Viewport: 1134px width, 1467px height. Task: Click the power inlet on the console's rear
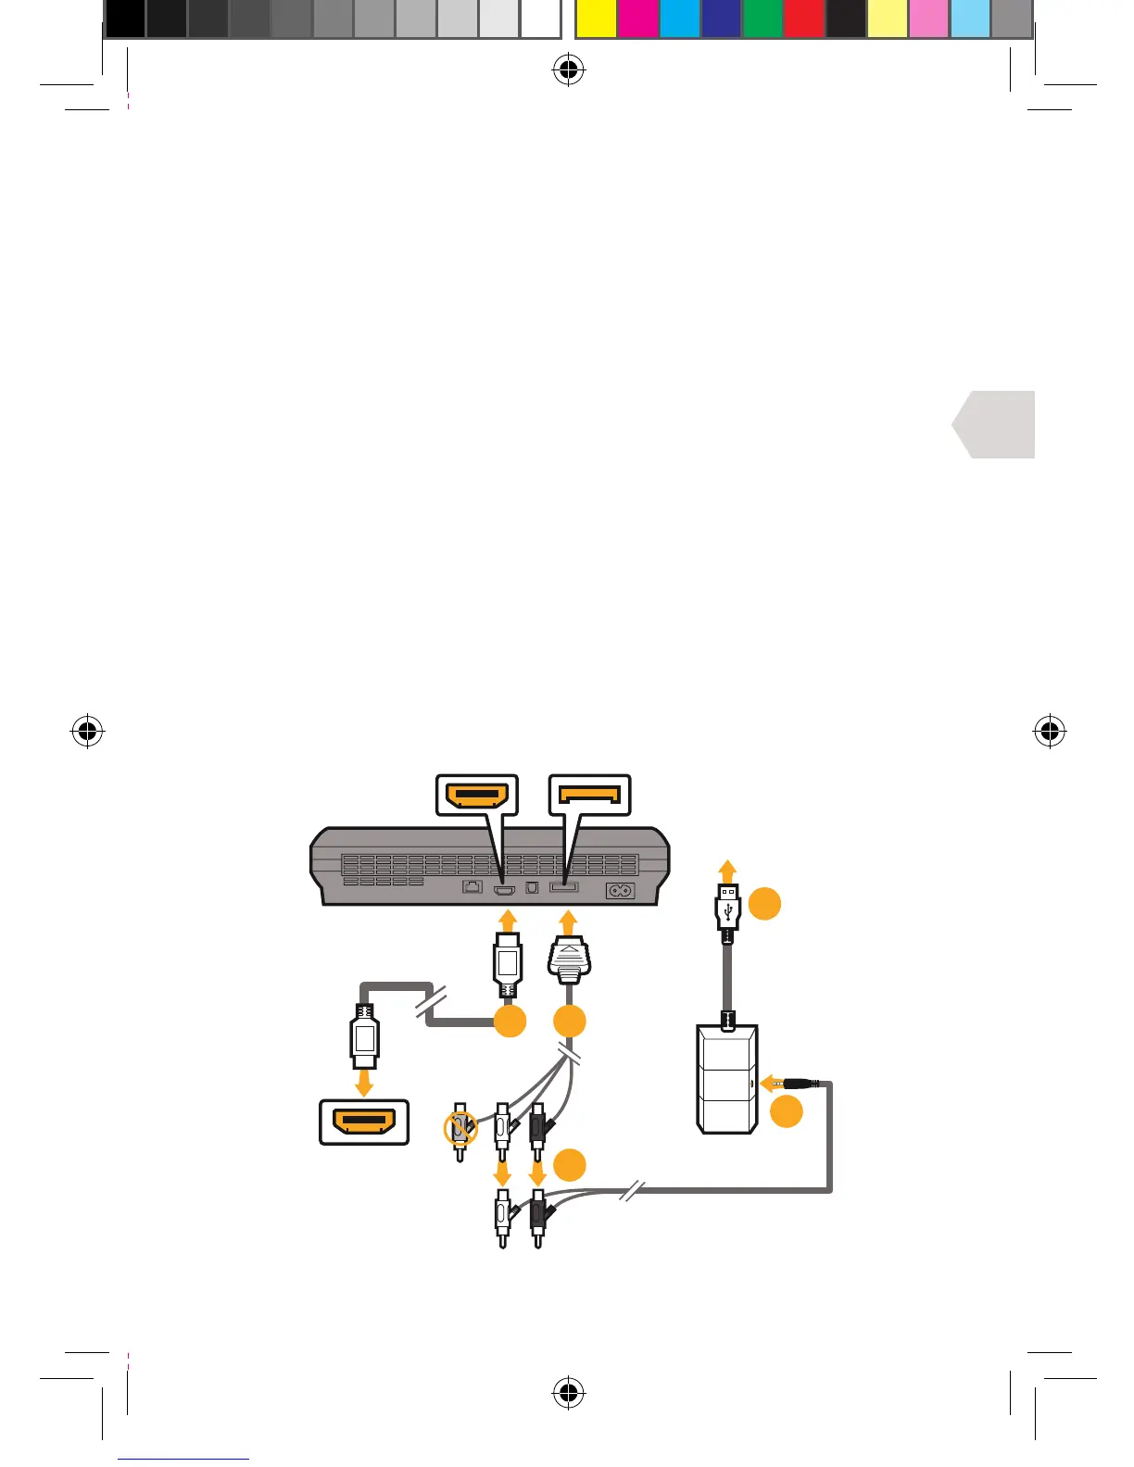(x=620, y=891)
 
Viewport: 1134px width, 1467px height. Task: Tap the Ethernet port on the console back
(x=472, y=887)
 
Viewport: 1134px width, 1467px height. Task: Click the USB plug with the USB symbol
(x=728, y=907)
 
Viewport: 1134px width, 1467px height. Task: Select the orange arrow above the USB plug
(x=728, y=871)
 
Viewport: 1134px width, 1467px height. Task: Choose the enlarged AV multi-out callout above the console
(x=590, y=796)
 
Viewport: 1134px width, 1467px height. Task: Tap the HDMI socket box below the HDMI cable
(x=364, y=1122)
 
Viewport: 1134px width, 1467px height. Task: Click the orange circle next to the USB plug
(x=765, y=903)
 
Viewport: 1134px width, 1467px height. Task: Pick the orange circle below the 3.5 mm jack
(x=787, y=1111)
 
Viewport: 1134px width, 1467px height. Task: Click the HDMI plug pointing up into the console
(x=507, y=967)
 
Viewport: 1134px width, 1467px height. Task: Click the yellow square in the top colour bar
(x=596, y=19)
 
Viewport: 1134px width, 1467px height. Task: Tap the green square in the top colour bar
(x=762, y=19)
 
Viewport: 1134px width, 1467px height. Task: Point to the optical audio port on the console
(x=533, y=887)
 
